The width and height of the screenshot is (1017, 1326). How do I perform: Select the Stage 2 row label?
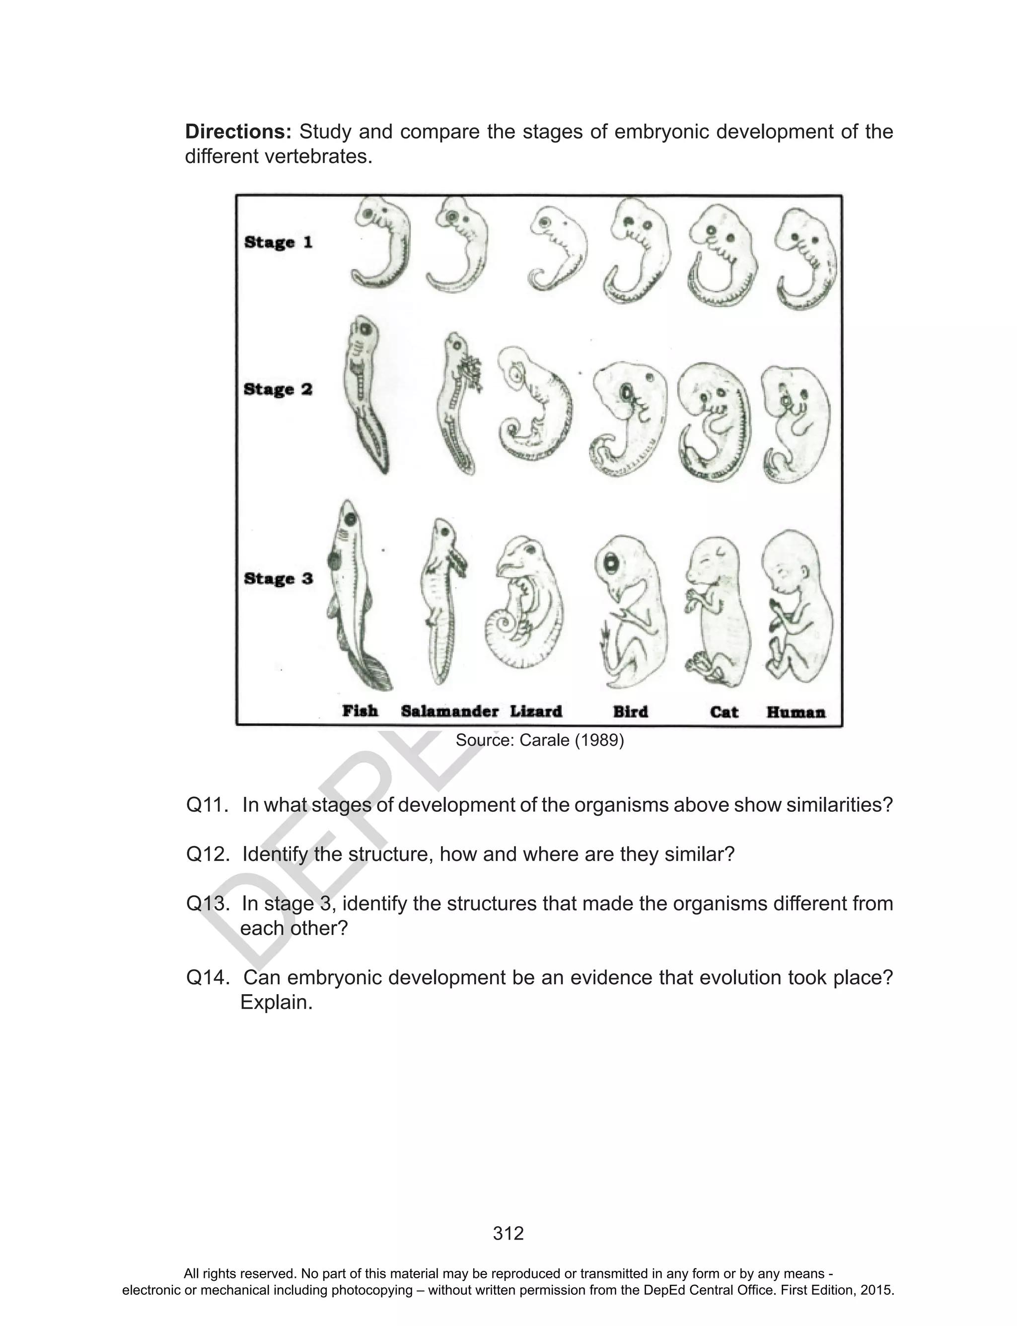278,390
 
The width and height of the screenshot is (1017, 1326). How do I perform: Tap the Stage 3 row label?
278,578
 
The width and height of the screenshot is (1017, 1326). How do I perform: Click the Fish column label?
360,711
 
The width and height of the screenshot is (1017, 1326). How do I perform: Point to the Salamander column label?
449,711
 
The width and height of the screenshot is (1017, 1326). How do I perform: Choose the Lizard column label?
536,711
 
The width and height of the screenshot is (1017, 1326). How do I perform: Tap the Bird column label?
630,711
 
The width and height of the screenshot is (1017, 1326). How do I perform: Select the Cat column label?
724,711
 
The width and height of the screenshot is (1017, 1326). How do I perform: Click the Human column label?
796,712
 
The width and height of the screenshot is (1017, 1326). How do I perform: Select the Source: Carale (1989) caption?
539,740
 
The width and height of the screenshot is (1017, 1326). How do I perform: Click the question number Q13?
207,904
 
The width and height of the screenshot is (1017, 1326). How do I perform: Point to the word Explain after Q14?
276,1002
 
